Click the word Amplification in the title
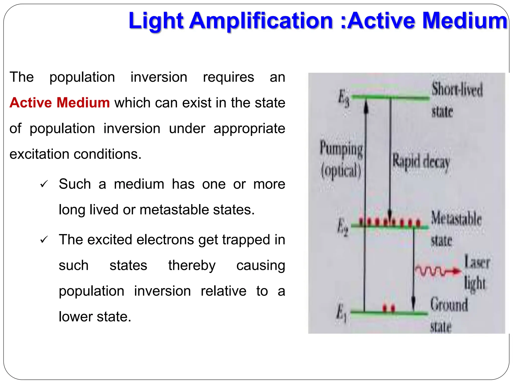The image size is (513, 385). (261, 21)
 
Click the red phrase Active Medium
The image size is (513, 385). (60, 103)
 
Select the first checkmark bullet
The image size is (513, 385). (44, 184)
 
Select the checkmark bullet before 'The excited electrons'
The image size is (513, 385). (44, 240)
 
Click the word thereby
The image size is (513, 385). (192, 265)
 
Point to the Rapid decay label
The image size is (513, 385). (421, 162)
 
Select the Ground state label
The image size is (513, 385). (448, 315)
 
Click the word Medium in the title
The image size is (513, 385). (465, 21)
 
